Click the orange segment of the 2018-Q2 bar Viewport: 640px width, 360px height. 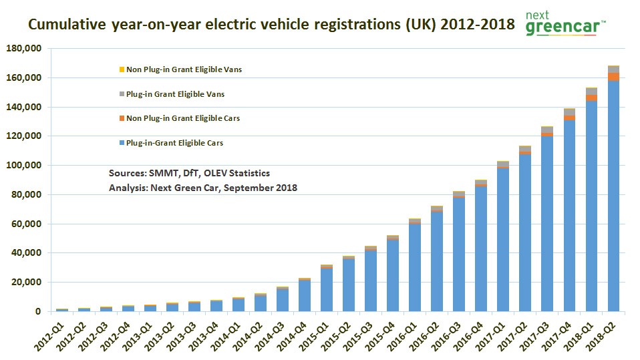click(613, 76)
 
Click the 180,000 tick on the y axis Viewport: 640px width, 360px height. click(23, 49)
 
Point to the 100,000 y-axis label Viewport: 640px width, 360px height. click(23, 166)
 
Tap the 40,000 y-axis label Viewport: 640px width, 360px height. click(26, 253)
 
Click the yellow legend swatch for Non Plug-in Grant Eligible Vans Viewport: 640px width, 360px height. click(121, 69)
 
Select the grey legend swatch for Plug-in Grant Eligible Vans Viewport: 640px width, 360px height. click(121, 94)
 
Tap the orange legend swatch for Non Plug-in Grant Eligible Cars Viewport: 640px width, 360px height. click(121, 118)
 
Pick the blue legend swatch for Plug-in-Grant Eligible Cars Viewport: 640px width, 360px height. click(121, 143)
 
